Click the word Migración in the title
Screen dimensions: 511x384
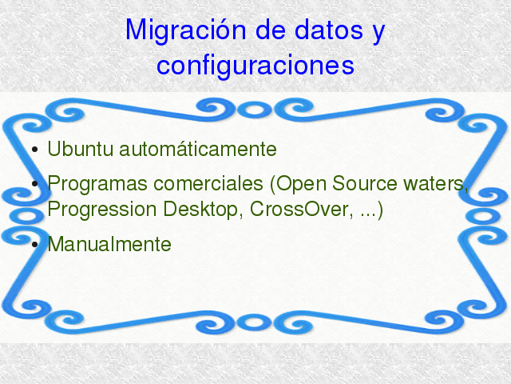(x=185, y=30)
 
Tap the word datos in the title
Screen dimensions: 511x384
(x=329, y=30)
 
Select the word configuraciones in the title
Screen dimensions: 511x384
(x=255, y=66)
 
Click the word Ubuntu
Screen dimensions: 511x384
(x=81, y=149)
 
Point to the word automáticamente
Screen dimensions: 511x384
(x=198, y=149)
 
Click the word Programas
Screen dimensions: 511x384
(x=97, y=184)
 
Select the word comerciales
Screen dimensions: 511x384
(x=208, y=183)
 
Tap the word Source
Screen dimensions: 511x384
(x=365, y=183)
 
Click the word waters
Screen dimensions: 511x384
(x=434, y=184)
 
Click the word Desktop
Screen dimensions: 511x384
(x=200, y=210)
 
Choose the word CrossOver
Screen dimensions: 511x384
(x=298, y=209)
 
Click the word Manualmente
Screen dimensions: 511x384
(x=109, y=244)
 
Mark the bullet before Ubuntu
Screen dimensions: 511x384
(x=34, y=150)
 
